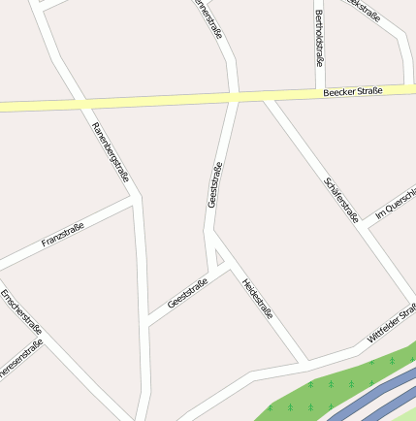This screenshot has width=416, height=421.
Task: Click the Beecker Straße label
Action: click(x=353, y=91)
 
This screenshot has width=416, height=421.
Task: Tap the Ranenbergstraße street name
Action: click(x=111, y=152)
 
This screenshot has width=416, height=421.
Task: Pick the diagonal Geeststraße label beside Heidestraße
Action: click(x=187, y=291)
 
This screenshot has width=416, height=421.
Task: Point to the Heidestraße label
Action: click(x=258, y=299)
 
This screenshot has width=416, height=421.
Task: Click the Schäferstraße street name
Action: click(x=342, y=198)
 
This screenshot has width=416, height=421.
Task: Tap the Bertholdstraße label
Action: click(x=318, y=39)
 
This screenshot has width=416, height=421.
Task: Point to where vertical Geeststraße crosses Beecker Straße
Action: click(x=234, y=98)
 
